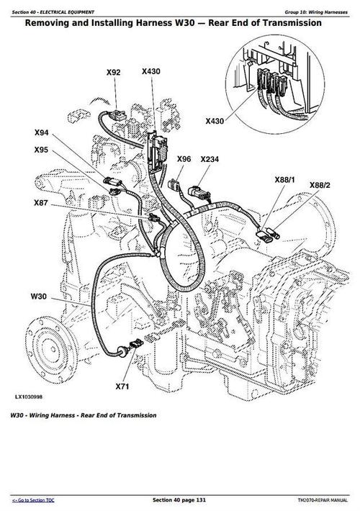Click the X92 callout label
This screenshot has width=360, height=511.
pyautogui.click(x=113, y=72)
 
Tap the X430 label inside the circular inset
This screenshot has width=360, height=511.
pyautogui.click(x=215, y=122)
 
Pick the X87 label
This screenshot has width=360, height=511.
pyautogui.click(x=42, y=204)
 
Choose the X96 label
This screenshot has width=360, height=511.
pyautogui.click(x=184, y=159)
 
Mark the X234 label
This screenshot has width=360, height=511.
pyautogui.click(x=210, y=159)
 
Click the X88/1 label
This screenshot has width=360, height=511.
pyautogui.click(x=285, y=178)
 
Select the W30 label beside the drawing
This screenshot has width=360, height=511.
pyautogui.click(x=38, y=297)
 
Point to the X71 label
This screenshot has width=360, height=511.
pyautogui.click(x=123, y=387)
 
